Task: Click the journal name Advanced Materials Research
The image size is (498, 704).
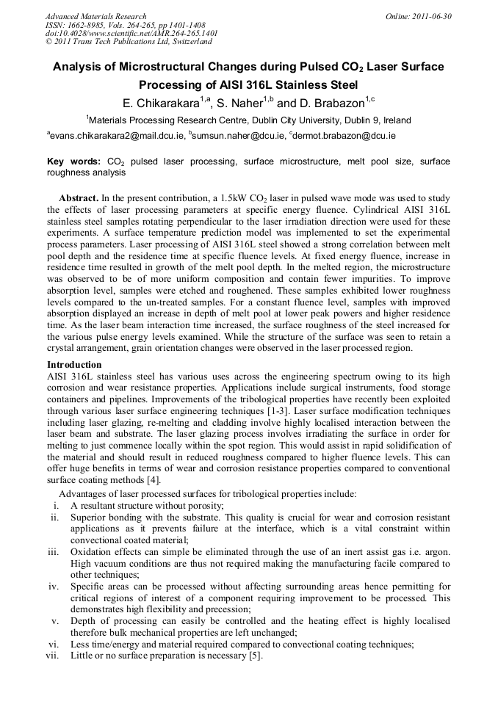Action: (x=95, y=16)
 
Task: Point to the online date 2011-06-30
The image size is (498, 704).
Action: (x=430, y=16)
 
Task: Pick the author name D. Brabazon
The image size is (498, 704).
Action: (x=331, y=102)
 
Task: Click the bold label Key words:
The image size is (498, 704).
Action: (x=73, y=161)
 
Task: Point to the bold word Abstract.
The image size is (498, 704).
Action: (x=78, y=199)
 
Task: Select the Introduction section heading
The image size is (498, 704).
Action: (x=74, y=365)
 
